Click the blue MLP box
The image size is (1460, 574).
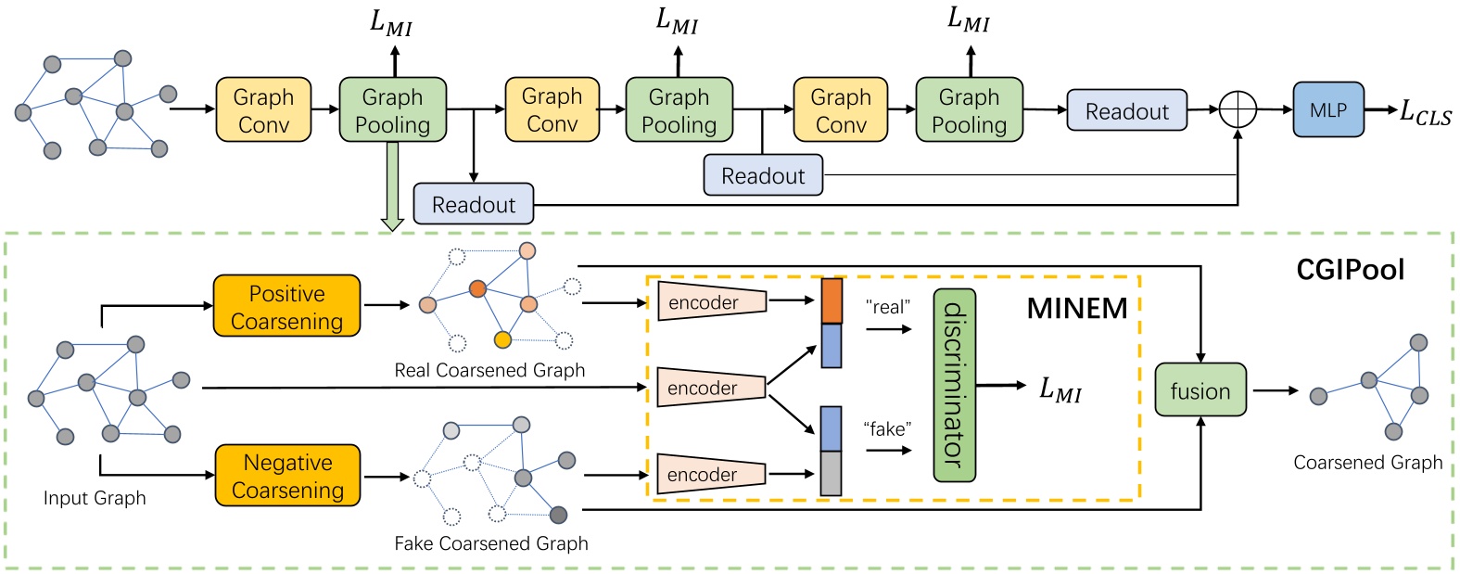(x=1327, y=110)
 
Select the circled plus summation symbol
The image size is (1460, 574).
(x=1237, y=109)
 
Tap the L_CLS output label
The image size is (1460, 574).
(x=1425, y=112)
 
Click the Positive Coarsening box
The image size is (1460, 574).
(x=286, y=306)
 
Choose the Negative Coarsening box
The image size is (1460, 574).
(x=287, y=476)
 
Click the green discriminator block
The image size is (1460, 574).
(x=954, y=385)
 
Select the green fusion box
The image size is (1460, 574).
(x=1200, y=390)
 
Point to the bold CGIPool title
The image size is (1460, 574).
(x=1350, y=270)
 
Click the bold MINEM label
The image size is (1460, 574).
(x=1076, y=309)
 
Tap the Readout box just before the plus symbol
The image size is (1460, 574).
(x=1126, y=111)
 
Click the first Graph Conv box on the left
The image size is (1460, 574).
(x=263, y=110)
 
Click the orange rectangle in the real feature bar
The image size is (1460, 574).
(x=832, y=301)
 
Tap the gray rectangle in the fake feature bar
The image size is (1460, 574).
(x=831, y=473)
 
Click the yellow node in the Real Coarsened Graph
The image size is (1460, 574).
(x=502, y=340)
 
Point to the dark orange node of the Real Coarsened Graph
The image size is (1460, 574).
(x=477, y=288)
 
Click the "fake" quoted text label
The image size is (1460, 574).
(x=887, y=428)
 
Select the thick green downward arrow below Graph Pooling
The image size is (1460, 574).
(x=392, y=185)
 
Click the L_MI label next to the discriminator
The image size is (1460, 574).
(x=1060, y=389)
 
